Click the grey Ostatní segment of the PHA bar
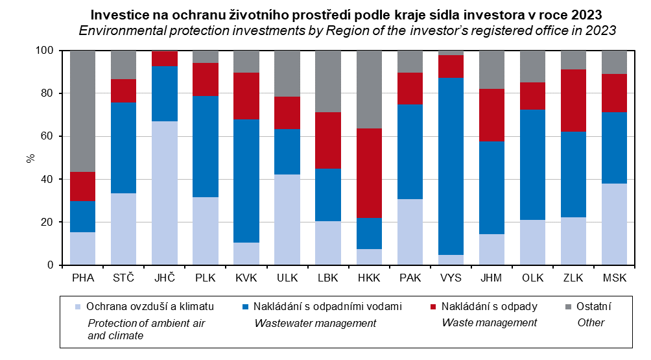coord(82,110)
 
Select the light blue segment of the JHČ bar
coord(164,193)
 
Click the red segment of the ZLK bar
coord(574,101)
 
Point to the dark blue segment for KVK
coord(246,180)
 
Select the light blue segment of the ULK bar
coord(287,219)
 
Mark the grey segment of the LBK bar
coord(328,81)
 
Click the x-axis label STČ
coord(123,278)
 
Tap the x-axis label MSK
coord(614,278)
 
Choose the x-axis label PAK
coord(410,278)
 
